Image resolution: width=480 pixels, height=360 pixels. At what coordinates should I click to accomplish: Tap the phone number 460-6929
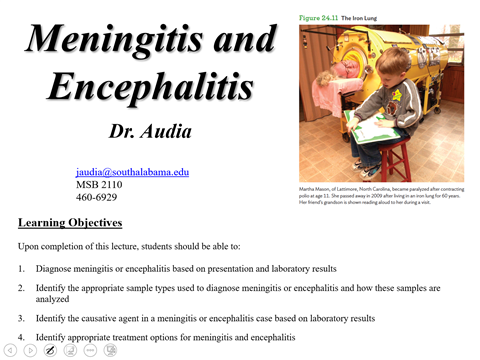(x=97, y=198)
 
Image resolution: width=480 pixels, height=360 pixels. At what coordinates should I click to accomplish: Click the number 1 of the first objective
(x=21, y=269)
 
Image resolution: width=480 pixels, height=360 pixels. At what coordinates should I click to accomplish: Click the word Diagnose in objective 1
(x=58, y=269)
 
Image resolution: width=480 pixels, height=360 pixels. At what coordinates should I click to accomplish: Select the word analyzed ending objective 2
(x=58, y=299)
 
